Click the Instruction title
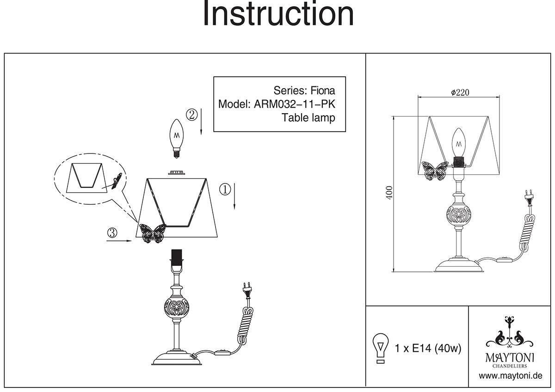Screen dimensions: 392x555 pos(278,14)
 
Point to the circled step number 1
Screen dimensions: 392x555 pos(225,189)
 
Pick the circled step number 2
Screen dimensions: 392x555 pos(191,114)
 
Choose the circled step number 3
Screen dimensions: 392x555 pos(111,233)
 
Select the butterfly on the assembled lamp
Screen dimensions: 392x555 pos(434,171)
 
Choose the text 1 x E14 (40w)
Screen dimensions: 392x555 pos(428,349)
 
